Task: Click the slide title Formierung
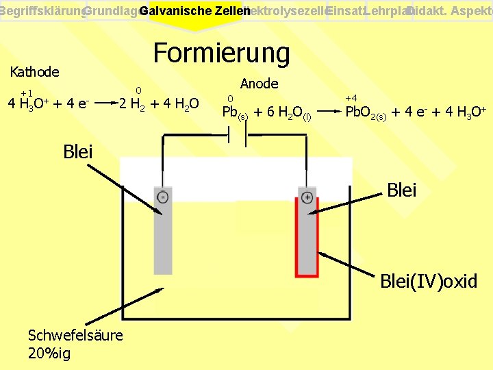[221, 53]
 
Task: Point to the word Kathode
[35, 71]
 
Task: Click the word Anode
[260, 84]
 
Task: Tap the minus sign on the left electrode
[162, 197]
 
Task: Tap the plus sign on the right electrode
[307, 197]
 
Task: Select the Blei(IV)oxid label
[429, 281]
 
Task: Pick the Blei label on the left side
[77, 151]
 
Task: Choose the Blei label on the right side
[402, 190]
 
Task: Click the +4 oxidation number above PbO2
[351, 99]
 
